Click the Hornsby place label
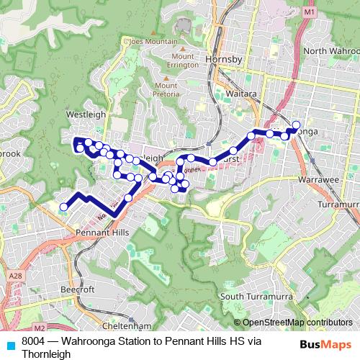[x=221, y=57]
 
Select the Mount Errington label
[x=184, y=61]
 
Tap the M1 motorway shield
[x=310, y=12]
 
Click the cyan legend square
[x=11, y=345]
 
